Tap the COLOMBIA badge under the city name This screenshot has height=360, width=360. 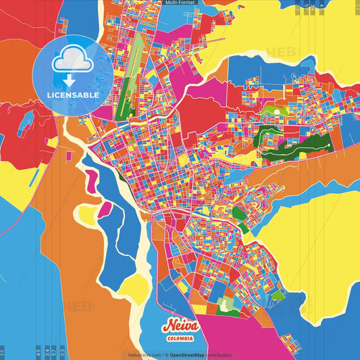click(180, 338)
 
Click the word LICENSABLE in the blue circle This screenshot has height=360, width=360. click(73, 95)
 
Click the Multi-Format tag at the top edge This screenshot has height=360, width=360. click(180, 3)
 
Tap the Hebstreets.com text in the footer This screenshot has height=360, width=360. click(143, 355)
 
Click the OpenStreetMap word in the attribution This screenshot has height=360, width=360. click(188, 355)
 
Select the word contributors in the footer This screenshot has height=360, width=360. click(220, 355)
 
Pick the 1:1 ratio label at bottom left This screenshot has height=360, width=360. click(3, 353)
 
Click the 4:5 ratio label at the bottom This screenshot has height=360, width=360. click(38, 353)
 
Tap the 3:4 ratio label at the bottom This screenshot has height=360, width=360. click(47, 353)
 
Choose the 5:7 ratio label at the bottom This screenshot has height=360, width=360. click(54, 353)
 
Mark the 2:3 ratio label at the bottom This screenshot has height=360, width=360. click(63, 353)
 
